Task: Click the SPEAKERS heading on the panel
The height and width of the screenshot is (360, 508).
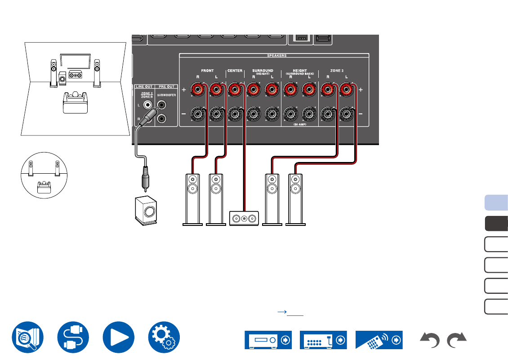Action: (277, 56)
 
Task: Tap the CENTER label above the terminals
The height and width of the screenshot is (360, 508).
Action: (235, 71)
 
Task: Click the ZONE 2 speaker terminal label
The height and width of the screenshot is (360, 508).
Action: (336, 71)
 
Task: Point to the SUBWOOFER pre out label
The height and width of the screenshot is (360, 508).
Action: (167, 96)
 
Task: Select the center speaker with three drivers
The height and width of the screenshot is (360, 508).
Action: (244, 218)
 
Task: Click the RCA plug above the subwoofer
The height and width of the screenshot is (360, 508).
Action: (145, 177)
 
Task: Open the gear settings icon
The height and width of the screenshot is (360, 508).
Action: (164, 337)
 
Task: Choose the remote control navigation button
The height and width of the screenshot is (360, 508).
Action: (379, 340)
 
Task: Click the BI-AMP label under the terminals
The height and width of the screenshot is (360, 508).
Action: (300, 124)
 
